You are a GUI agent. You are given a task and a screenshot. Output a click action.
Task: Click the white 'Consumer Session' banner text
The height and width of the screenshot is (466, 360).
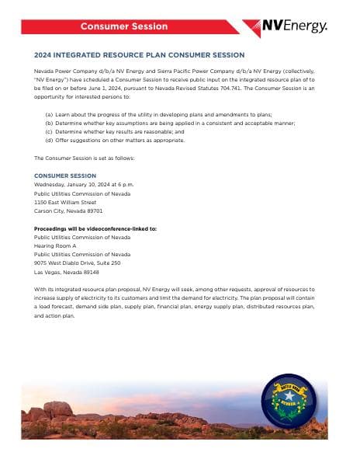[x=124, y=26]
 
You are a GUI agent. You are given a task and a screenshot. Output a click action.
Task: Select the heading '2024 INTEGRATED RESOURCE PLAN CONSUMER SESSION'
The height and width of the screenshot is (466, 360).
[x=140, y=55]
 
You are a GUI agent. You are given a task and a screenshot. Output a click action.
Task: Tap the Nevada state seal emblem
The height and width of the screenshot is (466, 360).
[x=289, y=402]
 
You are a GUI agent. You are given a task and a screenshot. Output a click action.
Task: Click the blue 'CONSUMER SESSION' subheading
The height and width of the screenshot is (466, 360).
[x=65, y=176]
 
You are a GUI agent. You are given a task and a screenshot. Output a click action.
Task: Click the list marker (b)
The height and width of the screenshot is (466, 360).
[x=50, y=123]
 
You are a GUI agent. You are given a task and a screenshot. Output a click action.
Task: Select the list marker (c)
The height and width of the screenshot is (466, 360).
[x=50, y=132]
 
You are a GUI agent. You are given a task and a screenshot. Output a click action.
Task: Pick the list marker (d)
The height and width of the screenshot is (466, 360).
[x=50, y=141]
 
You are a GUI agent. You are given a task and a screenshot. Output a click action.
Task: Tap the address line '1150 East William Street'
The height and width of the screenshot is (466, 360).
[x=65, y=202]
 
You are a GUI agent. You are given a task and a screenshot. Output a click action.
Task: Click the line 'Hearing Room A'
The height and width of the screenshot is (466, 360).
[x=55, y=246]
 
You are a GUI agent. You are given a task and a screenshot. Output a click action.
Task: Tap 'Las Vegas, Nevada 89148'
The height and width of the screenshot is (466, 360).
[x=67, y=272]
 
